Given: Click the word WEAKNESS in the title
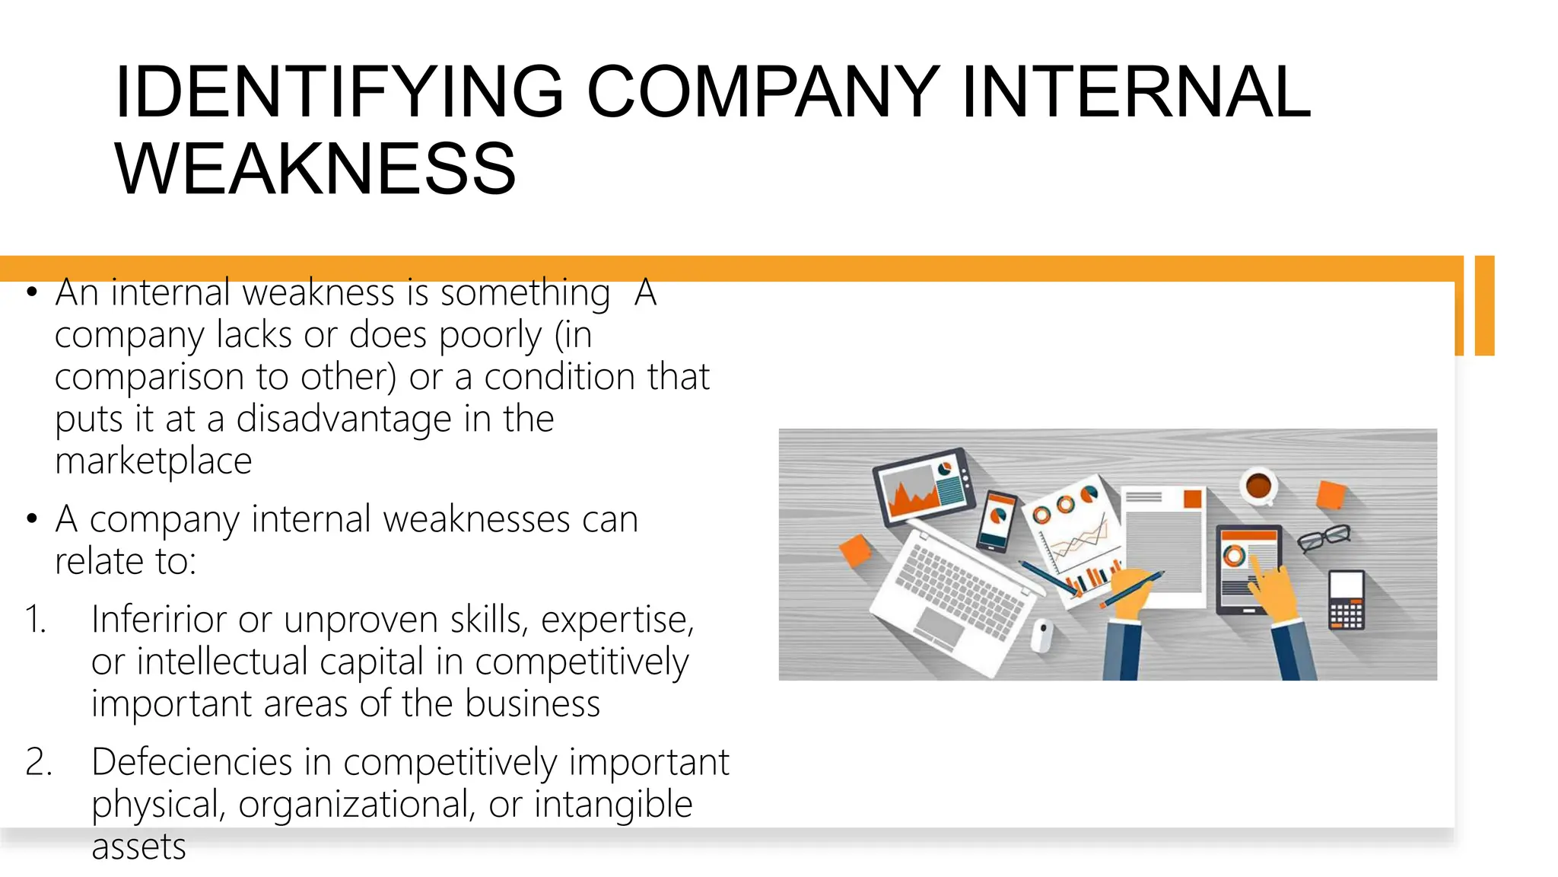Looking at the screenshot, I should tap(315, 168).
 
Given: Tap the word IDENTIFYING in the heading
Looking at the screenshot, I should tap(339, 92).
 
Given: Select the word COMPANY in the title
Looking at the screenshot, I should tap(763, 92).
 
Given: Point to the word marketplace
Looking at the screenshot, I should tap(153, 461).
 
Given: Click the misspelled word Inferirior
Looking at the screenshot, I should tap(157, 619).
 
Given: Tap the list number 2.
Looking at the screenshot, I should tap(38, 762).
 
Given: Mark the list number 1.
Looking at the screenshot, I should tap(35, 619).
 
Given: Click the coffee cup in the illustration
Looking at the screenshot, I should tap(1258, 486).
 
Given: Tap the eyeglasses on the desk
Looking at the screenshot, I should tap(1324, 537).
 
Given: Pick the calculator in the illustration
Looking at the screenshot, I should tap(1346, 599).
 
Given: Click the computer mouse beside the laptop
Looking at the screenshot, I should tap(1042, 634).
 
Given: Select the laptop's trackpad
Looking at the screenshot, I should tap(940, 628).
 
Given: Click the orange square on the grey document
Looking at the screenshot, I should tap(1192, 499).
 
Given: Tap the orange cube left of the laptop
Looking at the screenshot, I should tap(856, 550).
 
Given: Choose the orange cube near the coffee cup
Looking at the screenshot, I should tap(1331, 495).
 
